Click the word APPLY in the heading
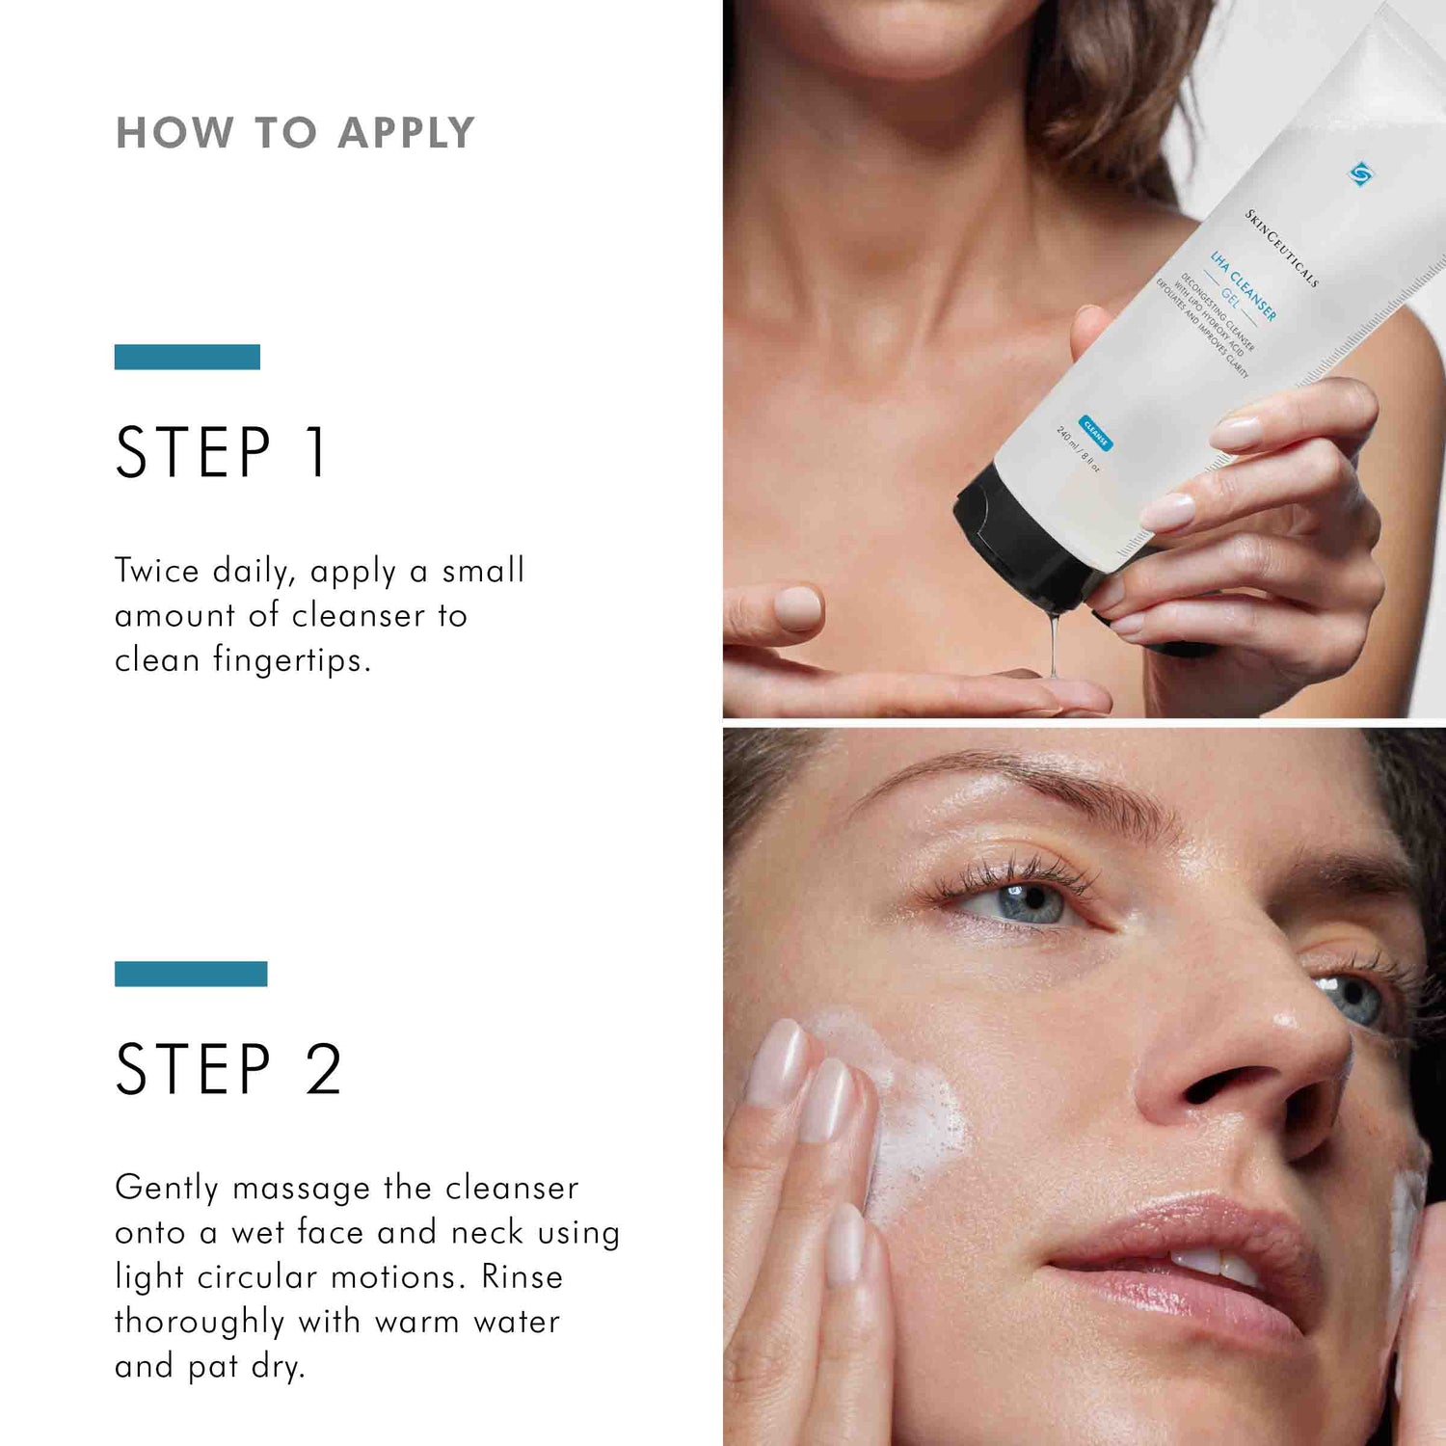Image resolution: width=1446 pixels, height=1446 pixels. [406, 133]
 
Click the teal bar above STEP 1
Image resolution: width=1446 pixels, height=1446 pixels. [187, 357]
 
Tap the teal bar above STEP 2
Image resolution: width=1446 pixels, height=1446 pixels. [191, 974]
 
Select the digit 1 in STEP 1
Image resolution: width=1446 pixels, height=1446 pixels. [316, 451]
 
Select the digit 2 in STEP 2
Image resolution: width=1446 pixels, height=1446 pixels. [324, 1069]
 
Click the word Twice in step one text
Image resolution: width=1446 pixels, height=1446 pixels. [157, 571]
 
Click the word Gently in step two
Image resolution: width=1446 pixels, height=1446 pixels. [167, 1189]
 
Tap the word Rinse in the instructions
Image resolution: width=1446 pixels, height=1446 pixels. [522, 1277]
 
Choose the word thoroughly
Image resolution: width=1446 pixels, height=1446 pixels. [200, 1322]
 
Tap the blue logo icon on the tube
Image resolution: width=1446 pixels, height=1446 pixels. [1360, 174]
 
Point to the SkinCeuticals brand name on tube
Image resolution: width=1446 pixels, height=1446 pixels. [1281, 248]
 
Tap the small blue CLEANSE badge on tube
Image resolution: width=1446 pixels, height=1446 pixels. [1096, 434]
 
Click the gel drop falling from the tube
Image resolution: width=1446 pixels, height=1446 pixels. [1055, 646]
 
